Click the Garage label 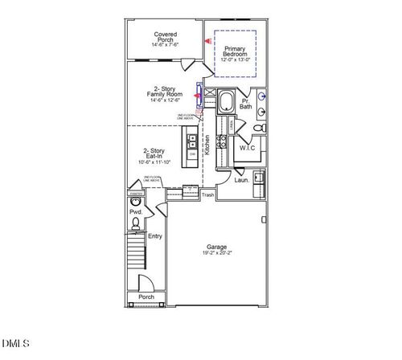tap(216, 247)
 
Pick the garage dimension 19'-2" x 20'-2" tap(216, 254)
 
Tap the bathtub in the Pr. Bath tap(226, 102)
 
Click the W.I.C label tap(246, 148)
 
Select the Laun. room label tap(240, 181)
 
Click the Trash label tap(207, 194)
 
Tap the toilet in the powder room tap(135, 223)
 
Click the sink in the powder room tap(134, 201)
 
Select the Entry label tap(155, 236)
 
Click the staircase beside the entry tap(136, 252)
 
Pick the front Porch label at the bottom tap(146, 297)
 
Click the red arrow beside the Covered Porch tap(207, 38)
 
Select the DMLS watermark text tap(15, 345)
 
